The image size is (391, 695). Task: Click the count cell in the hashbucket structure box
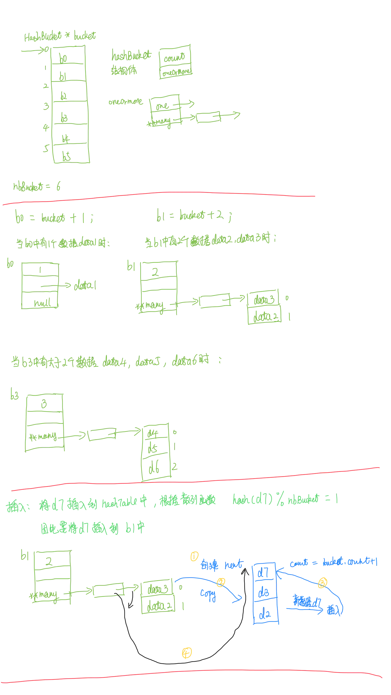point(175,58)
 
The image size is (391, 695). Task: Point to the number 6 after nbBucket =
point(58,187)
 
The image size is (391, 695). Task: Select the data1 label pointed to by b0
point(85,285)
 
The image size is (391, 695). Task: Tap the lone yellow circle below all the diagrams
point(187,653)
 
